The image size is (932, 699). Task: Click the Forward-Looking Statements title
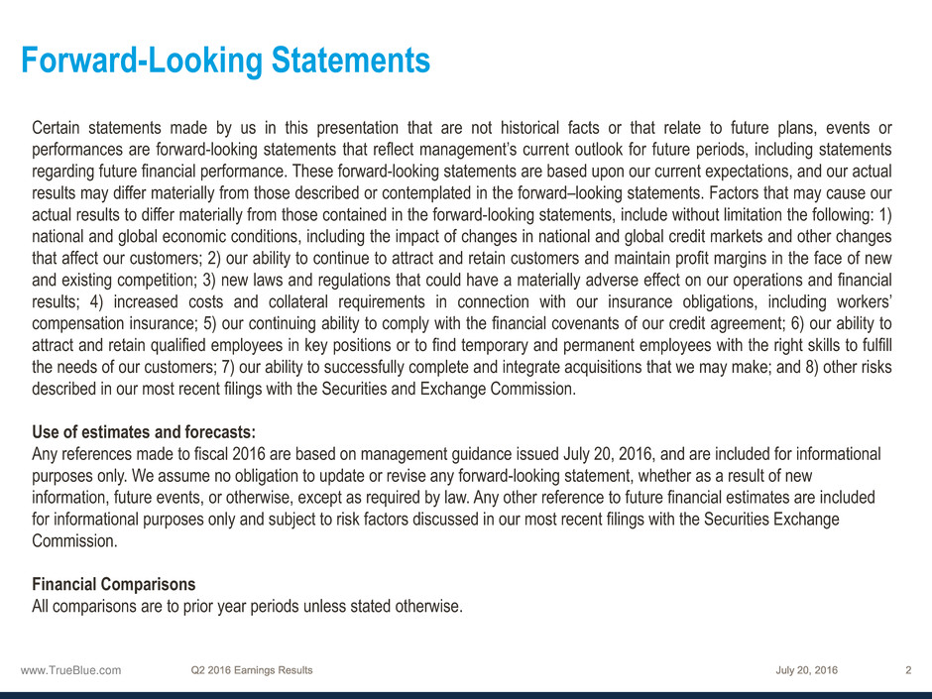click(x=226, y=61)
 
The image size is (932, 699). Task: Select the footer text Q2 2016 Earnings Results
click(x=252, y=670)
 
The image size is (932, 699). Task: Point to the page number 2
click(x=908, y=670)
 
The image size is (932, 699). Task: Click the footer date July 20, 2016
click(x=807, y=670)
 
